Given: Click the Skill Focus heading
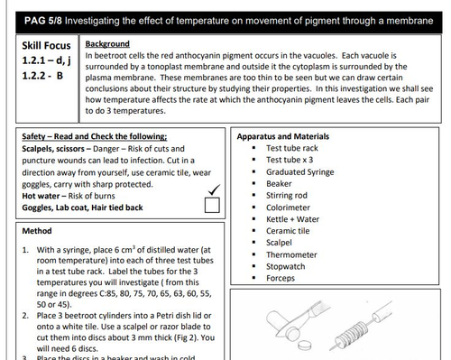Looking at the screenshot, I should pyautogui.click(x=47, y=44).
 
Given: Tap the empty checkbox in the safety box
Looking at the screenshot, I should pyautogui.click(x=212, y=206).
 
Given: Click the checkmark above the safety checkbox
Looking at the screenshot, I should pyautogui.click(x=214, y=188).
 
